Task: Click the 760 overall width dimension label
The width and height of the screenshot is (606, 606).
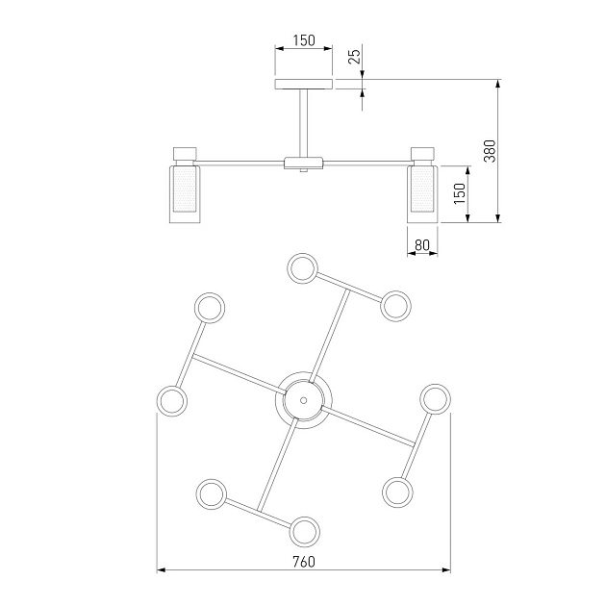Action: pos(304,561)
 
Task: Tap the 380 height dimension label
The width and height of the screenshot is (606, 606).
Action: pos(489,151)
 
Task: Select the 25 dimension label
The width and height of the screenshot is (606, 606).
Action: pos(354,57)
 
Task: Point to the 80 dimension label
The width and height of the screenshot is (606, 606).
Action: pos(421,245)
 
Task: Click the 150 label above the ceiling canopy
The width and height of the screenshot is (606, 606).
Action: pos(304,40)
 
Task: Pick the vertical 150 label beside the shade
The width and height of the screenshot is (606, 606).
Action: pos(459,194)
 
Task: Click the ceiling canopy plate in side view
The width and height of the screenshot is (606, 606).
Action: pos(304,85)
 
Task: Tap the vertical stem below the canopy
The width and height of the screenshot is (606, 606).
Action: pos(304,122)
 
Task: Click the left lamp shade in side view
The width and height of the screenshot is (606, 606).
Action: pos(184,193)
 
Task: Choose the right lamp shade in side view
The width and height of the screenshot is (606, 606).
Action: pos(422,193)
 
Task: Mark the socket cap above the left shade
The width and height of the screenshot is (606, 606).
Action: pos(184,153)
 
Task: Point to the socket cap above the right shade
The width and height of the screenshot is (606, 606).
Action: pos(422,153)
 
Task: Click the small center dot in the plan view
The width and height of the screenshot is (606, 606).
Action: pos(304,399)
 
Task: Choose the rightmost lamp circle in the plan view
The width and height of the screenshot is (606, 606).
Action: pos(436,399)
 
